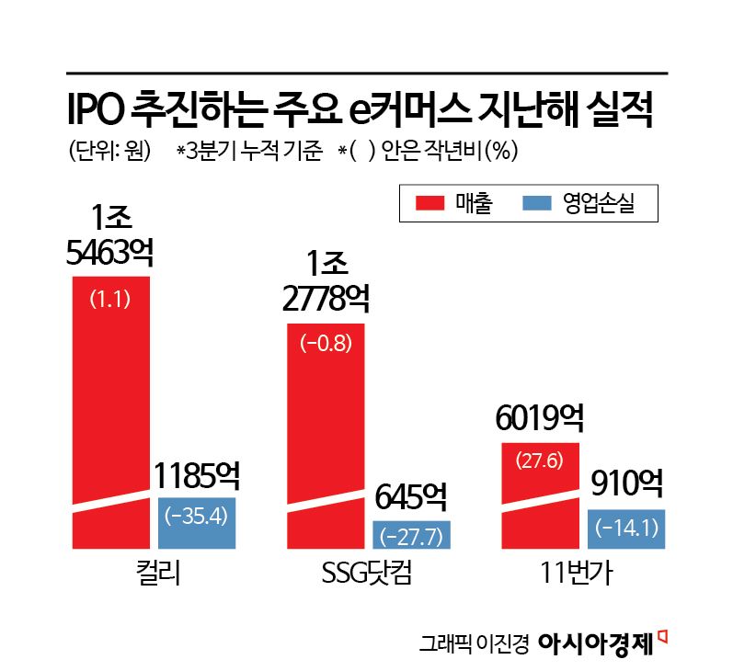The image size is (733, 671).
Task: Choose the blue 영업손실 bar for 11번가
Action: pyautogui.click(x=626, y=529)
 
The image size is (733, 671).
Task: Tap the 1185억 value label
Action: pyautogui.click(x=197, y=476)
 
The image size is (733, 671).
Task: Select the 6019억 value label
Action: pyautogui.click(x=540, y=421)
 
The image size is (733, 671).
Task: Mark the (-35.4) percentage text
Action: pyautogui.click(x=196, y=515)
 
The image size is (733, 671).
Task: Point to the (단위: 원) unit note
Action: pyautogui.click(x=109, y=151)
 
